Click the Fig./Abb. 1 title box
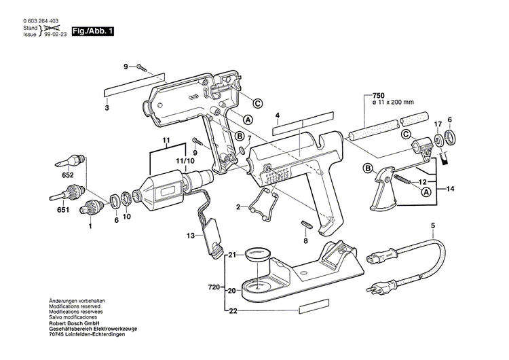(x=93, y=31)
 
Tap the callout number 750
(x=379, y=95)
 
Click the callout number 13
(x=191, y=235)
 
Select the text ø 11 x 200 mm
(x=393, y=103)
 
